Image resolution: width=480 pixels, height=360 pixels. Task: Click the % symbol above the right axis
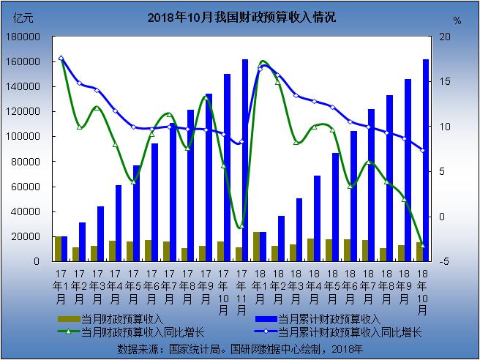[x=457, y=20]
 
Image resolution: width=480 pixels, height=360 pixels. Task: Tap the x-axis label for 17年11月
[x=242, y=291]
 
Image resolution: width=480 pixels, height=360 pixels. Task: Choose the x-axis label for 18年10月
[x=423, y=291]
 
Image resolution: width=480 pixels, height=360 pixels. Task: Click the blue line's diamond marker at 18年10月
[x=422, y=151]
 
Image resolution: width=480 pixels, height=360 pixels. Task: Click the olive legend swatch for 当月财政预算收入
[x=68, y=320]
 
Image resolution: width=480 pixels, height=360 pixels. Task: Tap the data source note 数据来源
[x=240, y=348]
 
